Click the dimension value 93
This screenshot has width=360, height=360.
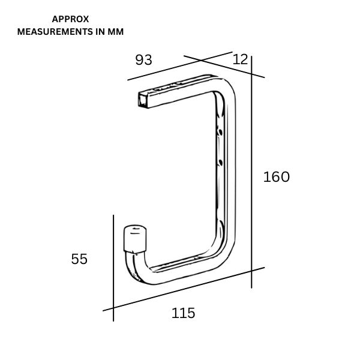click(x=144, y=60)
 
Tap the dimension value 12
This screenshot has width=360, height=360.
click(x=240, y=59)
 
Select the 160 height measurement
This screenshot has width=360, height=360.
click(x=277, y=177)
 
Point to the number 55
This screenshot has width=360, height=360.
click(x=79, y=259)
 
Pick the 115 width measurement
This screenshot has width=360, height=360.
click(x=184, y=313)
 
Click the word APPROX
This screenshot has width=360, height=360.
click(x=71, y=19)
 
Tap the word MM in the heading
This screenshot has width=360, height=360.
click(x=115, y=32)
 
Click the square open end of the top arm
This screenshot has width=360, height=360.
click(x=145, y=100)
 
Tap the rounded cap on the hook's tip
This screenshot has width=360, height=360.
click(x=136, y=238)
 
